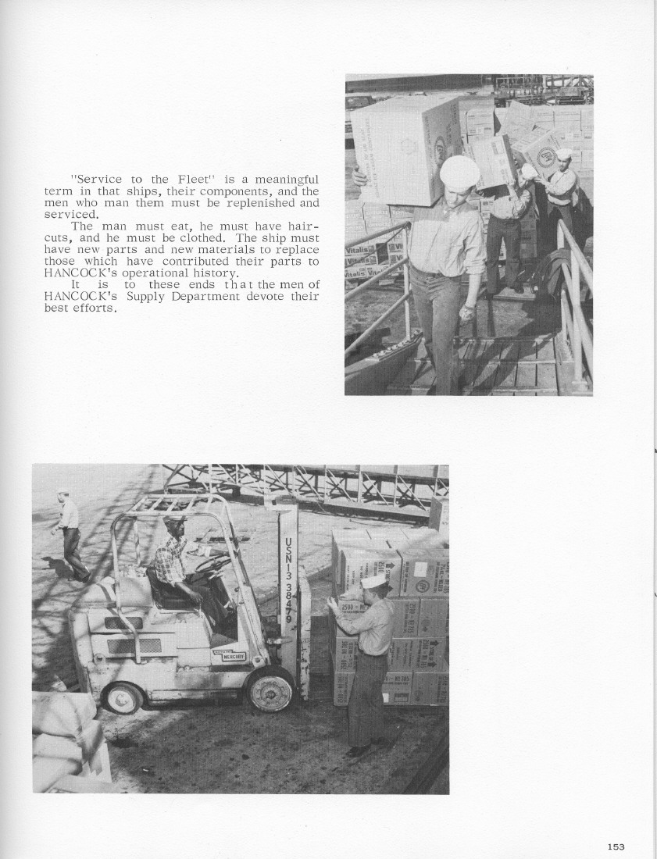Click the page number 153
tap(616, 847)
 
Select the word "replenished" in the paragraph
tap(263, 203)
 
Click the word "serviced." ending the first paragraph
tap(72, 214)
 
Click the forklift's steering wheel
tap(213, 563)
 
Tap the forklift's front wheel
tap(270, 688)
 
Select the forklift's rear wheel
tap(122, 697)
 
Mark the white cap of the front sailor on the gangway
tap(459, 171)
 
